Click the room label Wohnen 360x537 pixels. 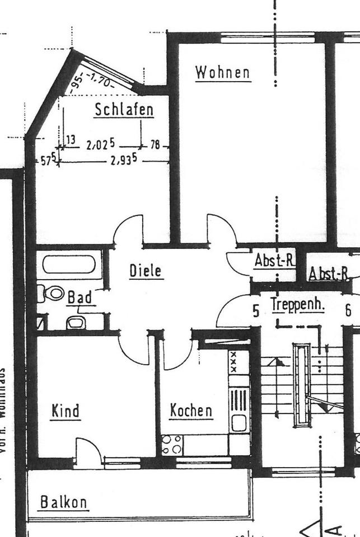click(222, 73)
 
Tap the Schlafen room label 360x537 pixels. click(124, 110)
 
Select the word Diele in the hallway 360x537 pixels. click(146, 271)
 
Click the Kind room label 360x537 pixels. click(66, 411)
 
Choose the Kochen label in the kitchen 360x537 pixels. click(191, 411)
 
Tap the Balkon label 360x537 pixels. click(64, 502)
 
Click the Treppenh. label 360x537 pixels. click(297, 305)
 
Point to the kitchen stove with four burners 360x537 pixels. click(172, 444)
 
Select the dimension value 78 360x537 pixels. click(155, 145)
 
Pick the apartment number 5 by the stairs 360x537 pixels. click(256, 311)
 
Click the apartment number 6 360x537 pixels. click(348, 310)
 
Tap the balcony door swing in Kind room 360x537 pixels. click(87, 450)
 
